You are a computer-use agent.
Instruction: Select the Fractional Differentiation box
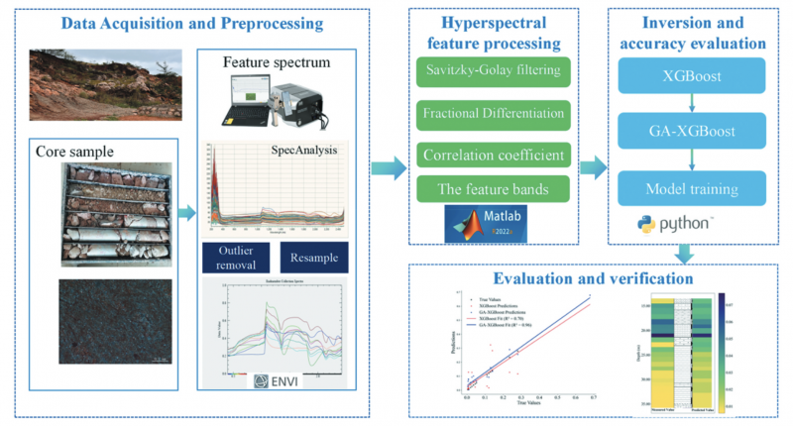[x=488, y=115]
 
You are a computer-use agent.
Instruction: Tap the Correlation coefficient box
[x=488, y=156]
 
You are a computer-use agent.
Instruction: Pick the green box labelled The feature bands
[x=488, y=189]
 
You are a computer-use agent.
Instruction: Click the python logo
[x=673, y=224]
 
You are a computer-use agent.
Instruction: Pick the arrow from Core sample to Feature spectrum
[x=184, y=211]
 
